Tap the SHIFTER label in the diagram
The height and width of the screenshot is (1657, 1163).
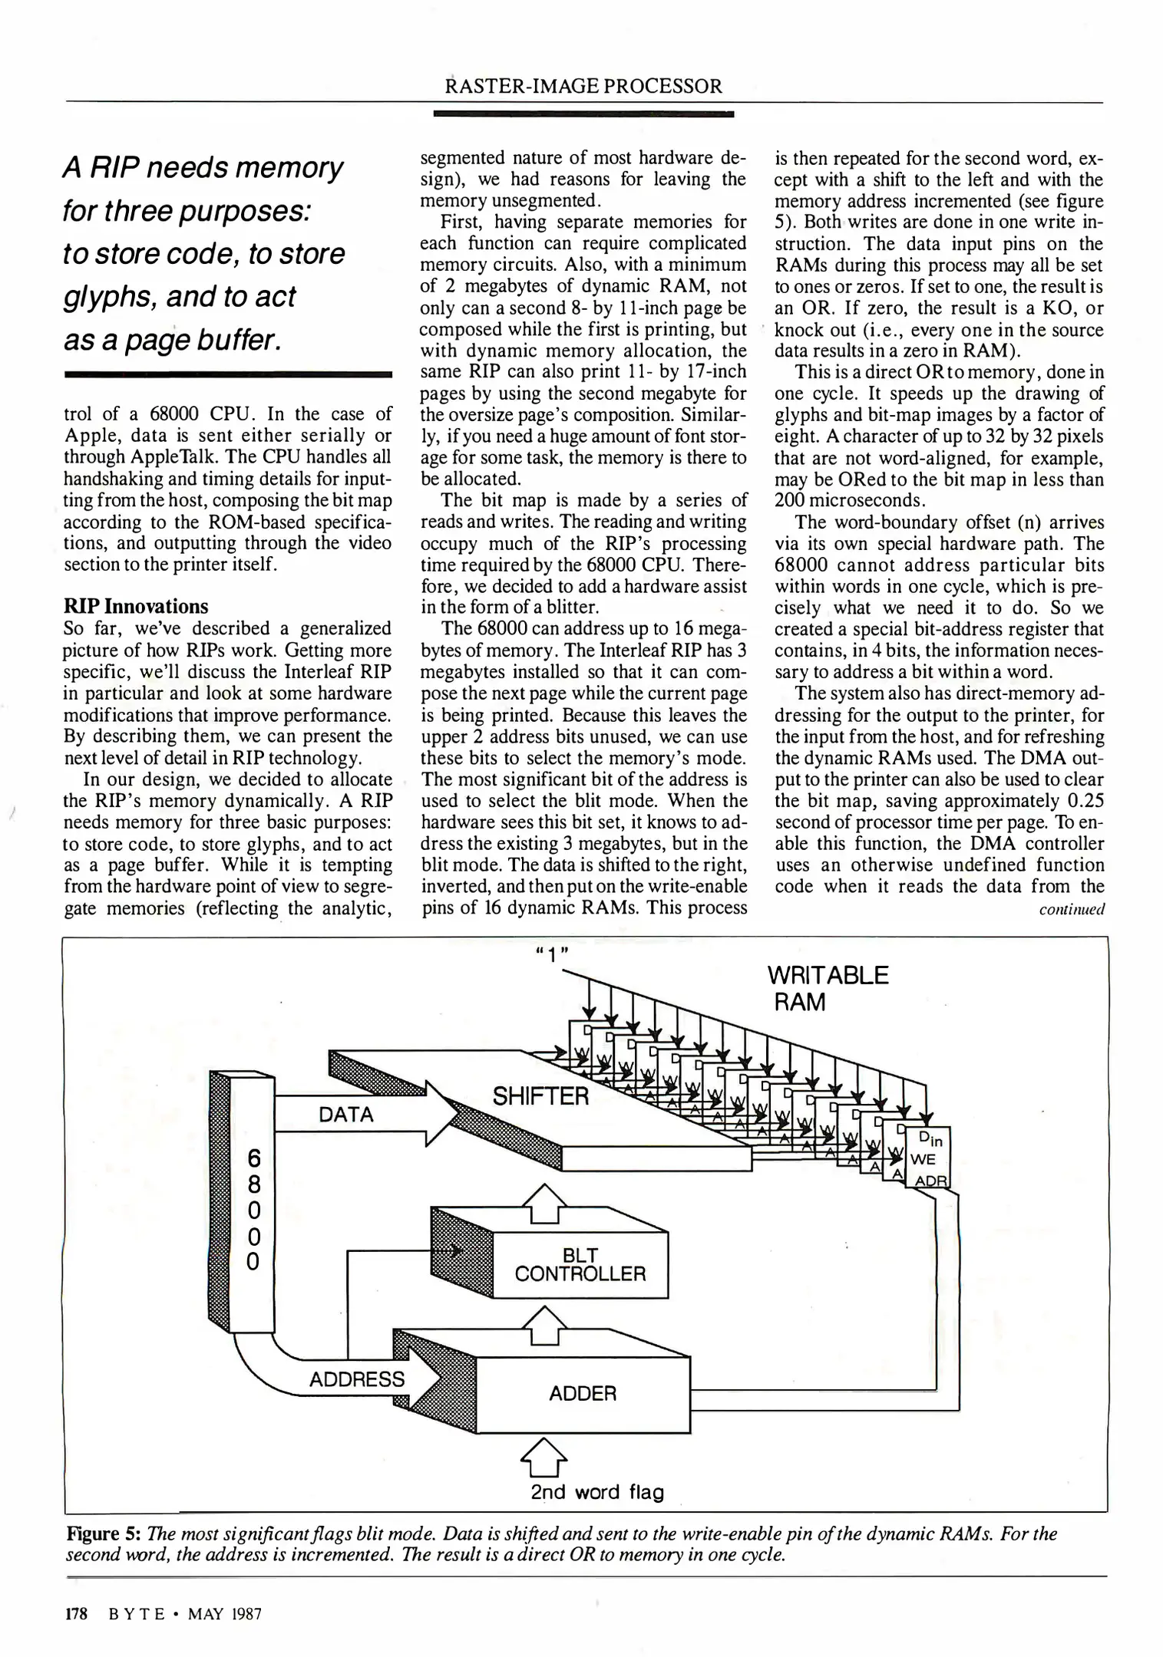tap(540, 1096)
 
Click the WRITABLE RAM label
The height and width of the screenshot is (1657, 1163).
tap(827, 989)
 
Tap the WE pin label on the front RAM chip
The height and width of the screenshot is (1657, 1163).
tap(923, 1158)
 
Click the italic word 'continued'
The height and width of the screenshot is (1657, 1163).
tap(1072, 910)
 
